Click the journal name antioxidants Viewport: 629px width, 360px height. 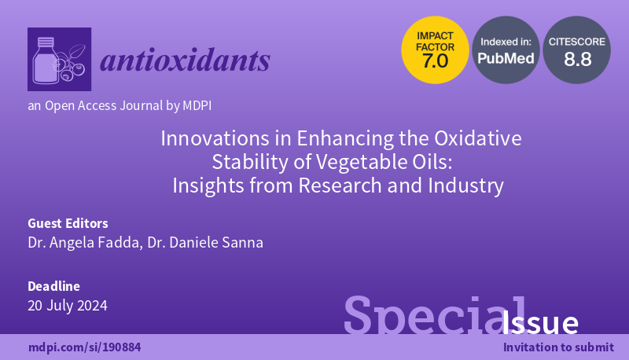click(185, 60)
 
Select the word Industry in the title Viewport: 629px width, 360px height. click(468, 187)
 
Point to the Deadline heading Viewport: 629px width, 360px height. click(53, 286)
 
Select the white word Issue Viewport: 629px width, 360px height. click(540, 323)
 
